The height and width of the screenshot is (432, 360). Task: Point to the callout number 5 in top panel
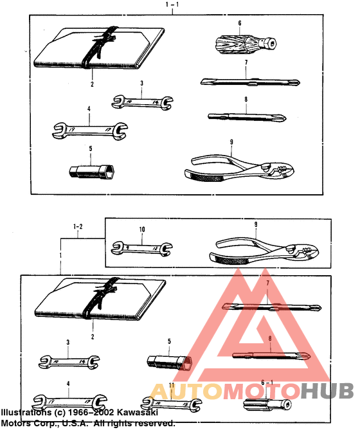tap(91, 148)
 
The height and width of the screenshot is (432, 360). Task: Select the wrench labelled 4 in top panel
tap(88, 130)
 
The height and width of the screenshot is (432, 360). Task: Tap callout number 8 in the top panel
tap(246, 99)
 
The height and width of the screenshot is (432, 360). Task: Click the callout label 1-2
tap(78, 226)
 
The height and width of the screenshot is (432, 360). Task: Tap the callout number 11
tap(172, 385)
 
